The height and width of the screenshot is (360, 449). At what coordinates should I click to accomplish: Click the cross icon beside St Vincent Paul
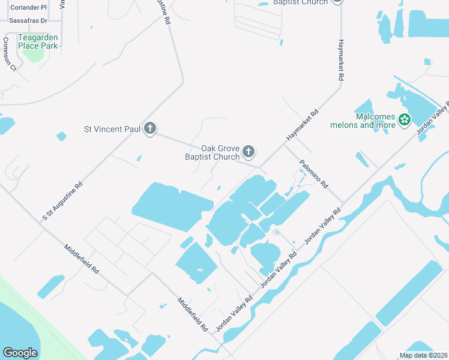tap(150, 128)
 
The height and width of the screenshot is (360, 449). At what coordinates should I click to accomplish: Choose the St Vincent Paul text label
tap(112, 128)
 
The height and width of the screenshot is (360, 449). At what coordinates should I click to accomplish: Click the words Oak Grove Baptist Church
tap(211, 152)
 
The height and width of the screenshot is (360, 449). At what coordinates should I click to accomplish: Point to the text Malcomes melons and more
tap(363, 121)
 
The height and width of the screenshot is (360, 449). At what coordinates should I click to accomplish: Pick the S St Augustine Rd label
tap(62, 199)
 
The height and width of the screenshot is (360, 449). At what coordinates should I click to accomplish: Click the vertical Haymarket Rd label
tap(340, 60)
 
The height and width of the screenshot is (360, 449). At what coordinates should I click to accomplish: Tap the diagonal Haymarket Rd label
tap(302, 125)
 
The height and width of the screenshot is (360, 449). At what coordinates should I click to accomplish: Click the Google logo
tap(20, 353)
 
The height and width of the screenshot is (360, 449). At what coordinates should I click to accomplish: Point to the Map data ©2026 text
tap(423, 355)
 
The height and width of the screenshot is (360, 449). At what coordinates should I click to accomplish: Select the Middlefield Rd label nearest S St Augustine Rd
tap(82, 258)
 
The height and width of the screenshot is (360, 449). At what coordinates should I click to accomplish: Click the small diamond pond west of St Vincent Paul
tap(61, 136)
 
